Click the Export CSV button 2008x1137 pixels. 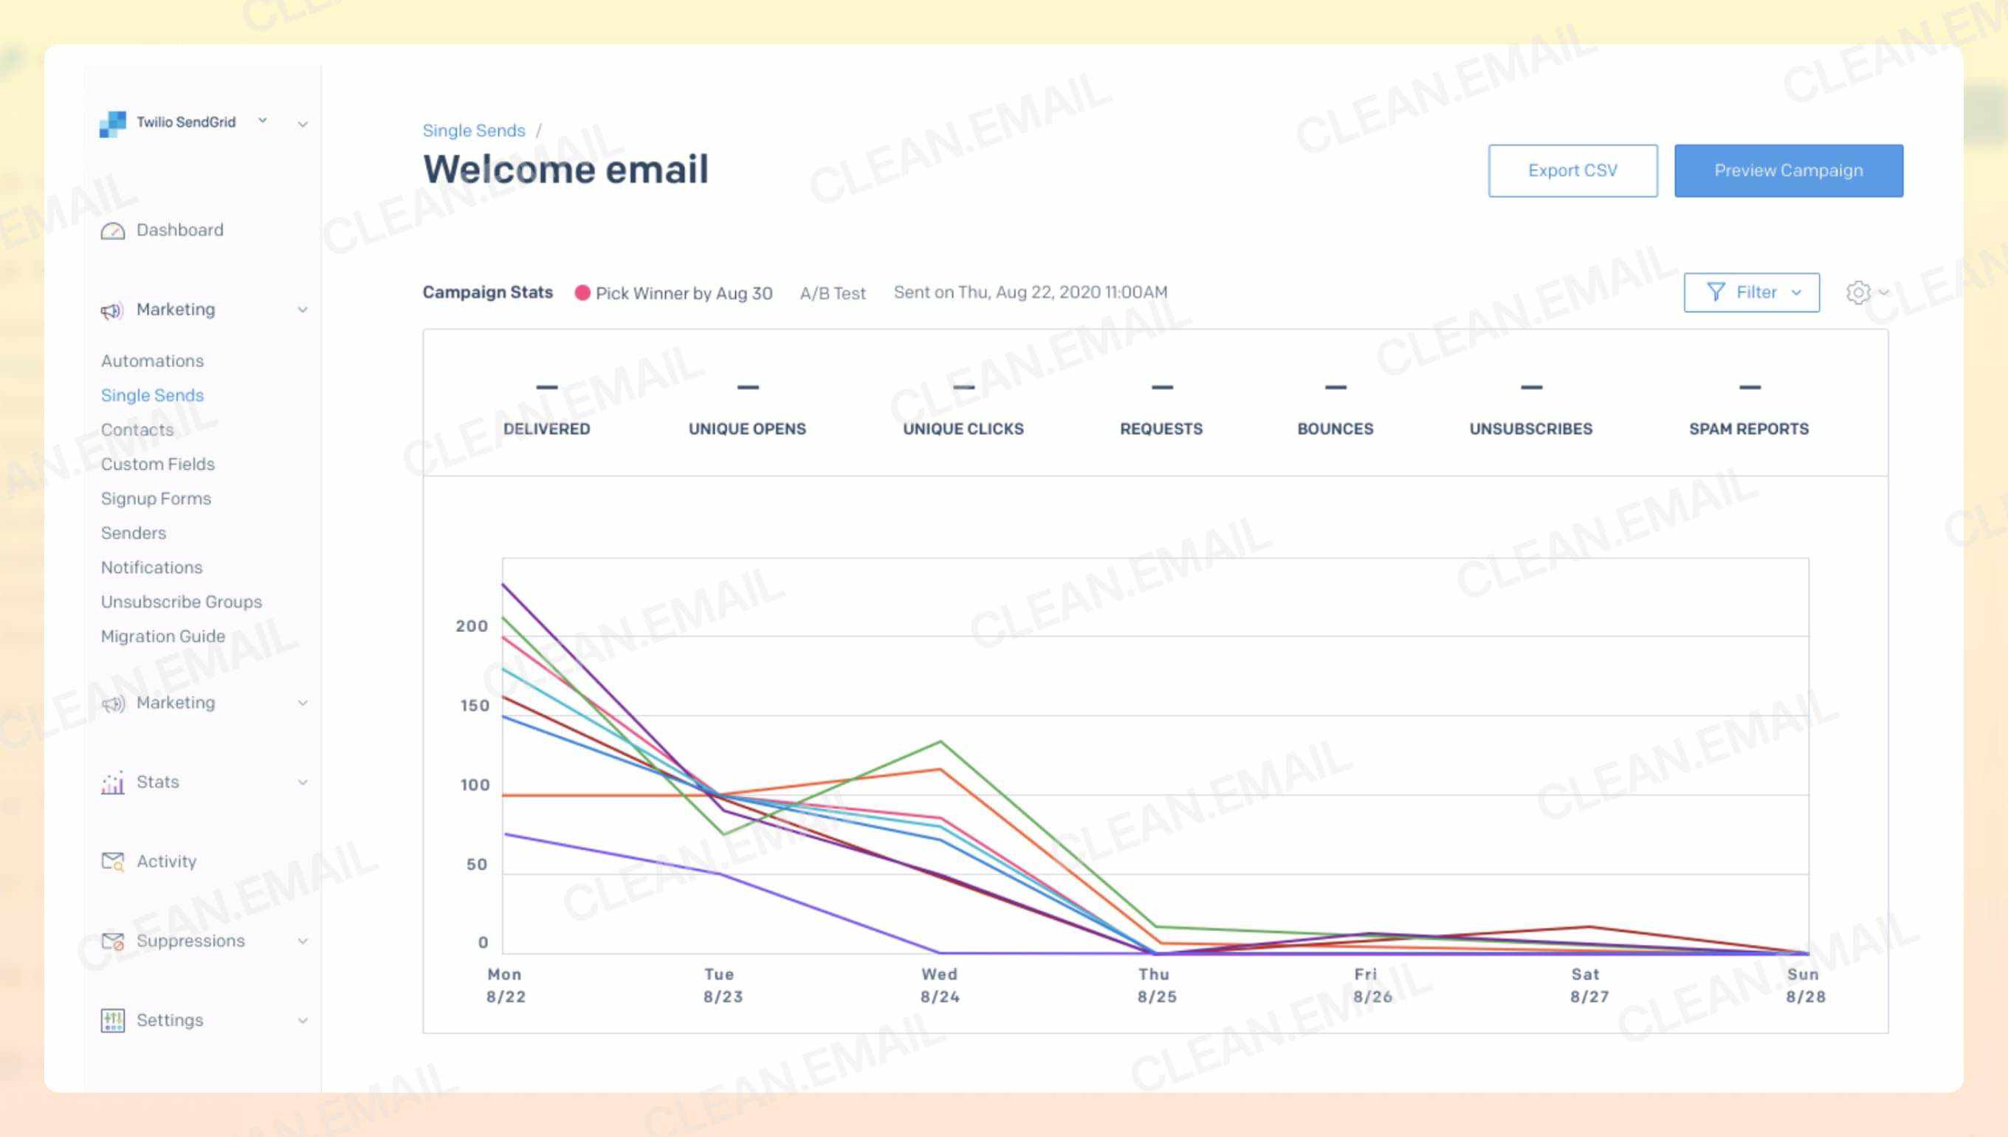pyautogui.click(x=1572, y=171)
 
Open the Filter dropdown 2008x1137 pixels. pyautogui.click(x=1750, y=292)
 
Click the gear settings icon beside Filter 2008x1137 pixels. pyautogui.click(x=1857, y=292)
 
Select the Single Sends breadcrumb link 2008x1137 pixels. pyautogui.click(x=473, y=131)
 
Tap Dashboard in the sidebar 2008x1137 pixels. pyautogui.click(x=179, y=230)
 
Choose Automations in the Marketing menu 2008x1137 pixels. pyautogui.click(x=152, y=361)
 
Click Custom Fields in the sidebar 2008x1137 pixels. pyautogui.click(x=158, y=464)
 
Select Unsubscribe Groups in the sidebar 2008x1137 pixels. pyautogui.click(x=181, y=601)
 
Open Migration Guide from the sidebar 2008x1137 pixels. pyautogui.click(x=162, y=636)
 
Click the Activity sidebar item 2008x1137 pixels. pyautogui.click(x=165, y=861)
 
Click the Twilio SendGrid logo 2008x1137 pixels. pyautogui.click(x=112, y=123)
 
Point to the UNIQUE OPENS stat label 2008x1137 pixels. pyautogui.click(x=746, y=429)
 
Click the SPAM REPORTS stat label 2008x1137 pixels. pyautogui.click(x=1748, y=429)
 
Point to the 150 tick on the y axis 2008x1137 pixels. pyautogui.click(x=474, y=705)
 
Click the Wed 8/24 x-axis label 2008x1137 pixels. pyautogui.click(x=939, y=985)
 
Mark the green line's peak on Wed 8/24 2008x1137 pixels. pyautogui.click(x=941, y=741)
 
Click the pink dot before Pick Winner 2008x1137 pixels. pyautogui.click(x=582, y=293)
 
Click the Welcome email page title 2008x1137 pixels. pyautogui.click(x=565, y=170)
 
